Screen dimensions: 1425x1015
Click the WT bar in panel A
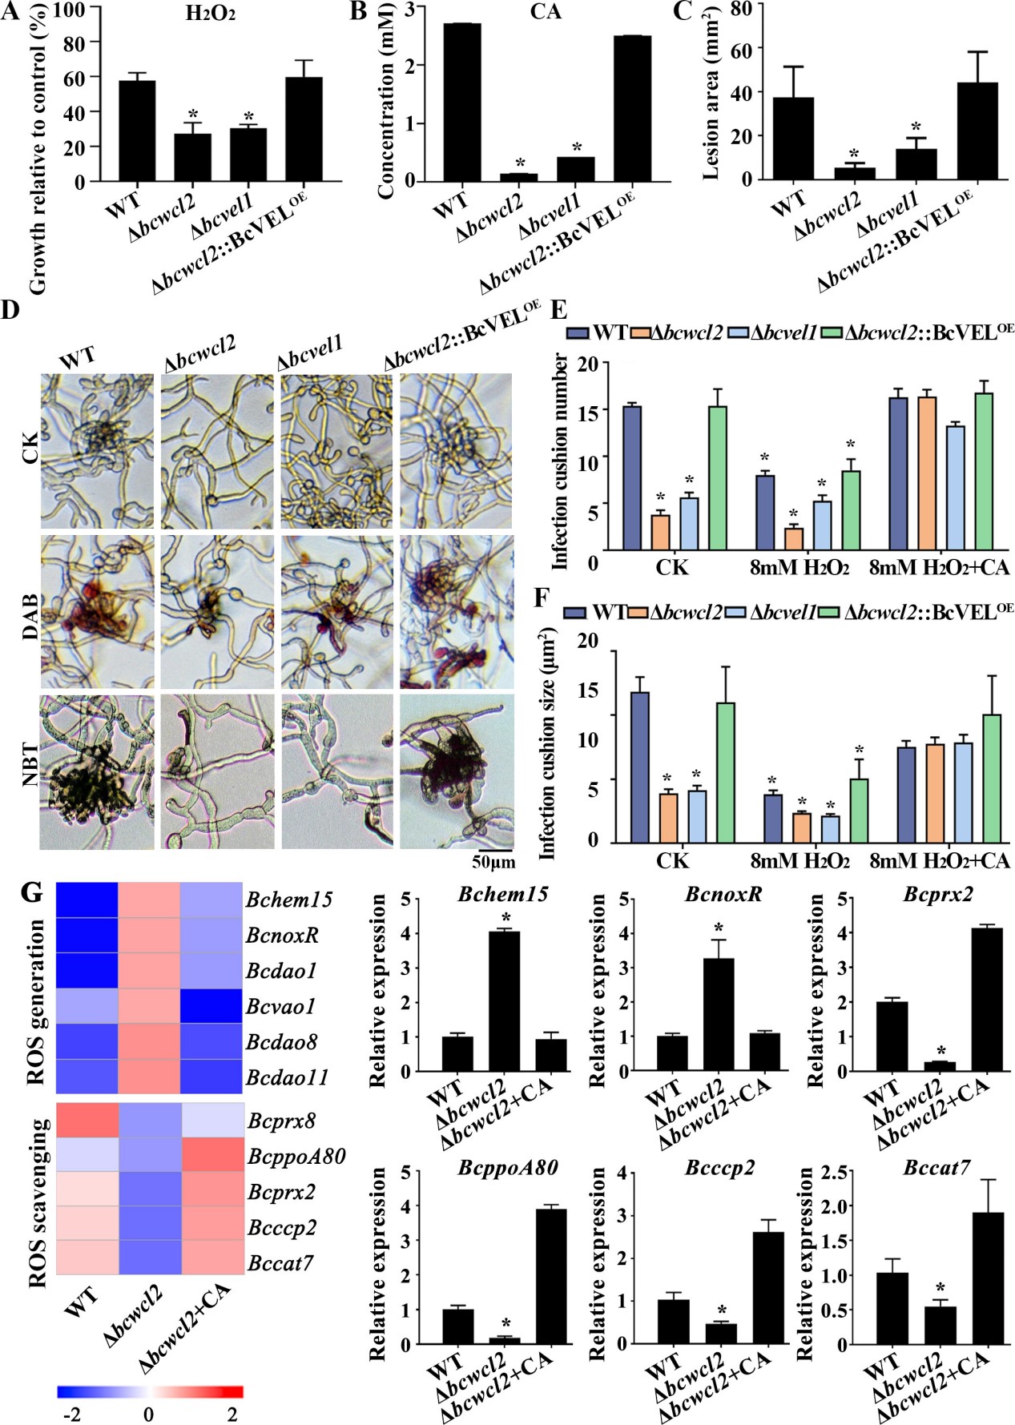point(137,131)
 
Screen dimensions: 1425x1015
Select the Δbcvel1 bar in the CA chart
point(576,168)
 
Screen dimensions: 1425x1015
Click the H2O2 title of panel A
point(210,14)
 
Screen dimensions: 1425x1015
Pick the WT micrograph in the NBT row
point(97,771)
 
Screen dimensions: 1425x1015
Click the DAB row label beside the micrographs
point(30,616)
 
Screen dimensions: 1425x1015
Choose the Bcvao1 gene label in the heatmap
point(281,1006)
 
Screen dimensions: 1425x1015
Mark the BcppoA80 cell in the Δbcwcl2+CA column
point(212,1156)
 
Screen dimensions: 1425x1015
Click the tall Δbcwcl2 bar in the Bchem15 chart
point(504,1000)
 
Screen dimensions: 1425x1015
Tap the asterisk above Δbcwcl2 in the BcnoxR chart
point(719,928)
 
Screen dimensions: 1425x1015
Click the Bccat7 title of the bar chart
point(936,1168)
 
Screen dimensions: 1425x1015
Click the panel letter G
point(30,892)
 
